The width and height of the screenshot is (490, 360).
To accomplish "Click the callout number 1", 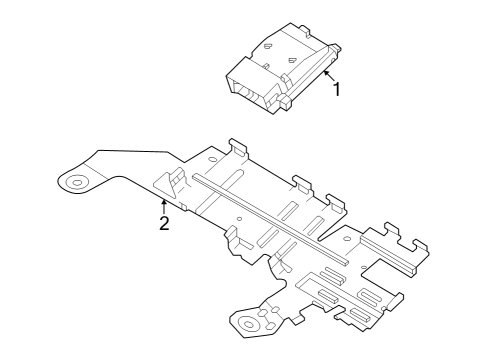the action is [x=336, y=89].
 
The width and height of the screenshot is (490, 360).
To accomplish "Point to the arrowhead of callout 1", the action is [x=325, y=71].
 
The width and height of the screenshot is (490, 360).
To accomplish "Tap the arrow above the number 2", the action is [x=164, y=205].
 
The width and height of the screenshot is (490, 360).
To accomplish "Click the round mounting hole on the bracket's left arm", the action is [x=76, y=182].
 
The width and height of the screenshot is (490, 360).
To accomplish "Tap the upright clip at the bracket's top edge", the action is [x=238, y=147].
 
